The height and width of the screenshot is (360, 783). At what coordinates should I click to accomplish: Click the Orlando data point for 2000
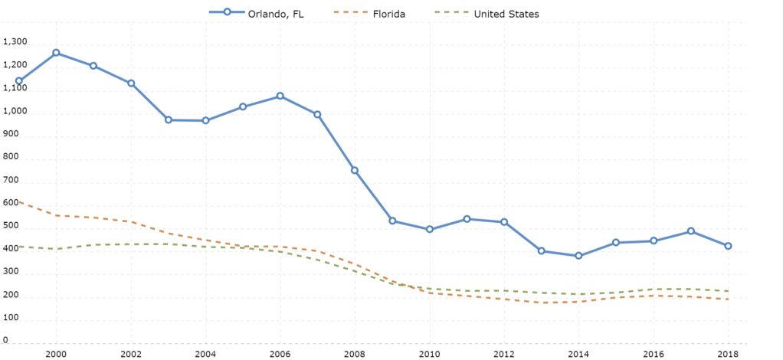pos(56,53)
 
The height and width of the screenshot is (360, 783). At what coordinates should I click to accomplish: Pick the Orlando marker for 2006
pos(280,97)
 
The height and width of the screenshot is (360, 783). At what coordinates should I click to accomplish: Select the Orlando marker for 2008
pos(355,170)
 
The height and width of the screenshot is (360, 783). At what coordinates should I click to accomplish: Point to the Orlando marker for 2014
pos(578,256)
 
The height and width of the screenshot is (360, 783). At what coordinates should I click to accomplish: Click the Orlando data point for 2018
pos(728,246)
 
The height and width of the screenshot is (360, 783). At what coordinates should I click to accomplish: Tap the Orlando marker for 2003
pos(168,120)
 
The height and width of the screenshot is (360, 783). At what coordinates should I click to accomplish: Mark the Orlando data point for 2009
pos(392,221)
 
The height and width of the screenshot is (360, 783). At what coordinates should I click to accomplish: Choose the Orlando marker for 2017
pos(691,231)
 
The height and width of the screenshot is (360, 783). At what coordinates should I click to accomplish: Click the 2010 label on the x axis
pos(430,354)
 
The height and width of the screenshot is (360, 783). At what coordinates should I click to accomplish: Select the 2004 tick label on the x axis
pos(205,354)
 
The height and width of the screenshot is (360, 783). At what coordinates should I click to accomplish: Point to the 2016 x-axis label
pos(654,354)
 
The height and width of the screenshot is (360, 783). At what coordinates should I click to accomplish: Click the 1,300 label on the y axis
pos(15,42)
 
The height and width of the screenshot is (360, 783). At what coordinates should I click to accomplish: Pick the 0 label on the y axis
pos(5,340)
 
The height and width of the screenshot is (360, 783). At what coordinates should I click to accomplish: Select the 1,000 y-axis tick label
pos(15,111)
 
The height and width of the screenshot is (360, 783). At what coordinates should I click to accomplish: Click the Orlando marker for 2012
pos(504,222)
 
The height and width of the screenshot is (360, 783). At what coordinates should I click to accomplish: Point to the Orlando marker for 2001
pos(93,66)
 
